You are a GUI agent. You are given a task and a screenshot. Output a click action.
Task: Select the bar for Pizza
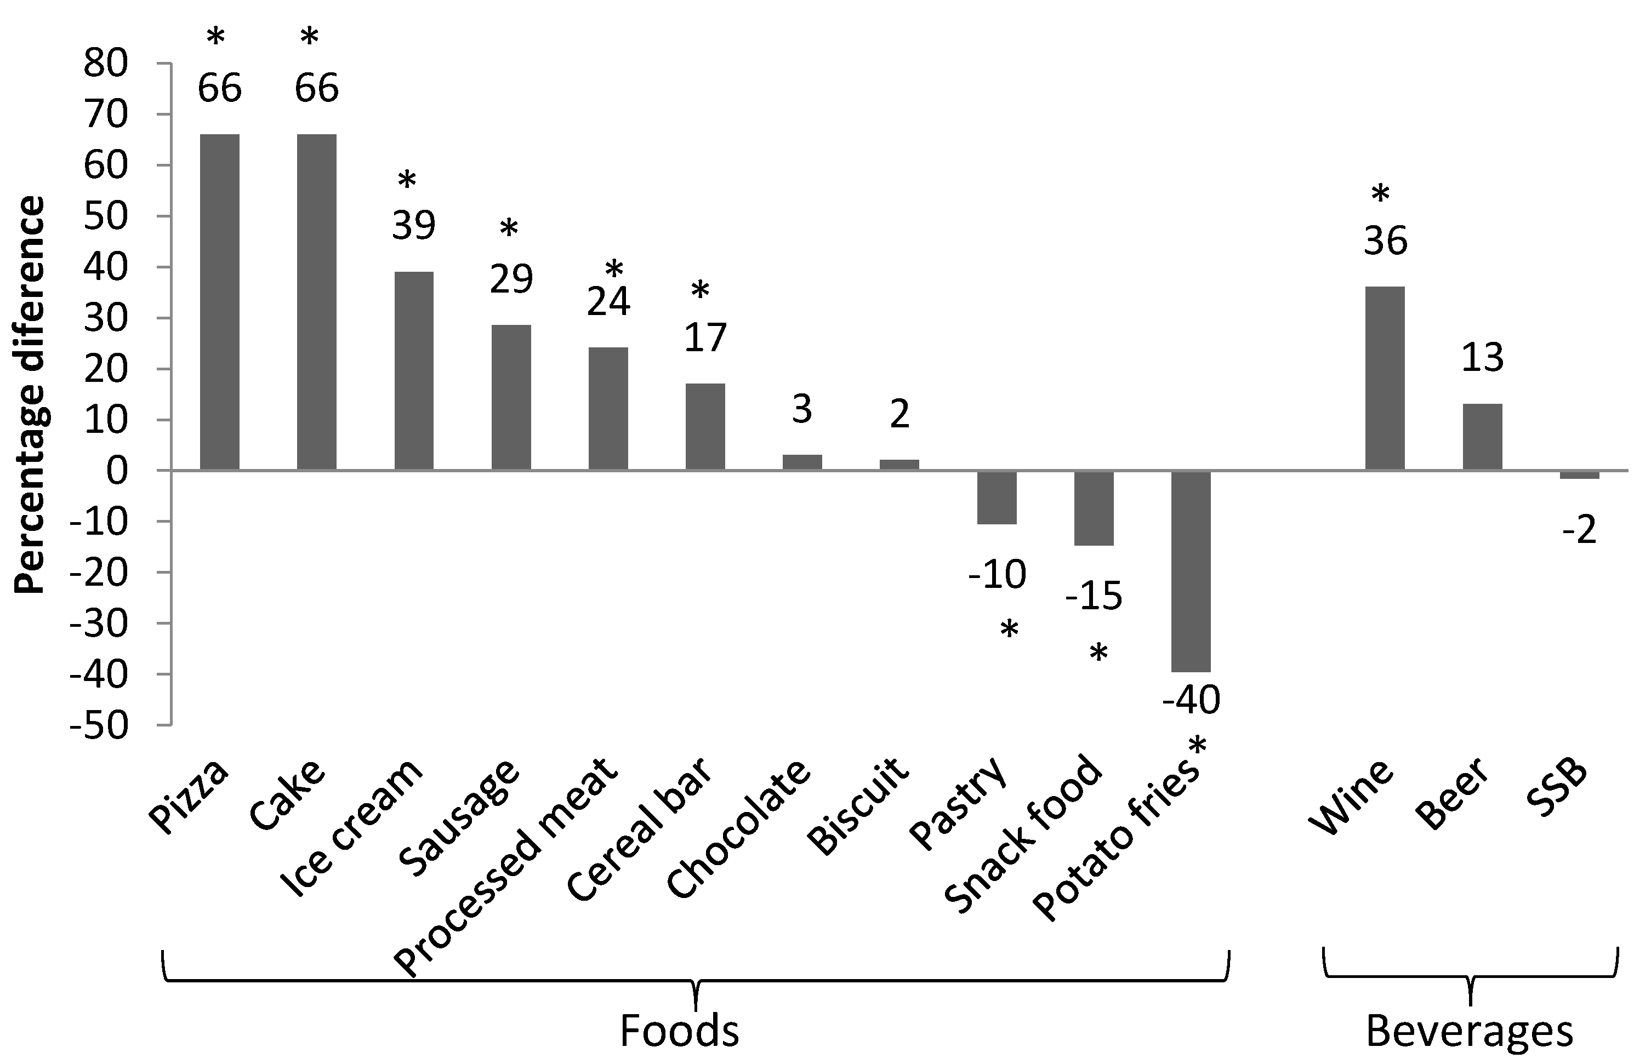pyautogui.click(x=220, y=302)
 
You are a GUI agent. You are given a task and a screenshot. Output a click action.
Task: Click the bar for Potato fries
pyautogui.click(x=1191, y=571)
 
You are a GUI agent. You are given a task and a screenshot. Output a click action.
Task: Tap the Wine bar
pyautogui.click(x=1385, y=378)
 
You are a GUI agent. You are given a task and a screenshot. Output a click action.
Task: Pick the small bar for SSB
pyautogui.click(x=1579, y=475)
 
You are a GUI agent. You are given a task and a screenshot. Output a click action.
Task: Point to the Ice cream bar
pyautogui.click(x=414, y=371)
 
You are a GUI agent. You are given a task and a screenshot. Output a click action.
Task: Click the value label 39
pyautogui.click(x=413, y=225)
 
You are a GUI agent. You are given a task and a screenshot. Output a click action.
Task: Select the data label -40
pyautogui.click(x=1191, y=700)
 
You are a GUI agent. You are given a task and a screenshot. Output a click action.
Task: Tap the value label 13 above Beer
pyautogui.click(x=1482, y=358)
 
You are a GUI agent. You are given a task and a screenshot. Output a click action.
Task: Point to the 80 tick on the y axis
pyautogui.click(x=106, y=64)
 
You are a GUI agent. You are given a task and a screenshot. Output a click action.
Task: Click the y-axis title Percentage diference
pyautogui.click(x=30, y=394)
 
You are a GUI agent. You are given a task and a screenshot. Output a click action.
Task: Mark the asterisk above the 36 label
pyautogui.click(x=1380, y=196)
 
